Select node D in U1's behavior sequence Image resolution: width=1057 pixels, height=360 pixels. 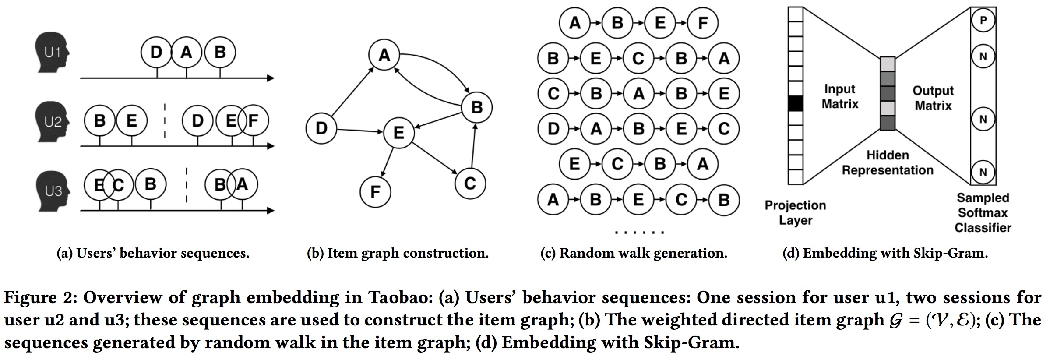[x=156, y=53]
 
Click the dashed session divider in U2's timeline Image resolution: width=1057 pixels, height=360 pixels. [x=165, y=120]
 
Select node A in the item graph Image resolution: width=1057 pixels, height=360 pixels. [x=384, y=55]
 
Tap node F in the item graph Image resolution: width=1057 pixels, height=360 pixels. [x=375, y=191]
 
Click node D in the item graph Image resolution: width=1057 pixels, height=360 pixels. [x=321, y=128]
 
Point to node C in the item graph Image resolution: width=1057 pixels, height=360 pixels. [x=470, y=183]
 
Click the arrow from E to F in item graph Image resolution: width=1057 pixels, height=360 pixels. [x=388, y=162]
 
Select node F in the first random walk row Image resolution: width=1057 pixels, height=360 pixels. [x=702, y=23]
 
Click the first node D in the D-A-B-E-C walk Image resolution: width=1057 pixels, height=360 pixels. [x=553, y=129]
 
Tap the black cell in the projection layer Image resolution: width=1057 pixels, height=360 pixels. [x=795, y=103]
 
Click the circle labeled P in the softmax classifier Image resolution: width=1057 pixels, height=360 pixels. [x=983, y=21]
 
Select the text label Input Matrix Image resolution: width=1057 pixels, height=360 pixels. [x=839, y=96]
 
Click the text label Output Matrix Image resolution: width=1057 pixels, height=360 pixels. [x=933, y=98]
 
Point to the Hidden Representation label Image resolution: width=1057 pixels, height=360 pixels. [x=887, y=162]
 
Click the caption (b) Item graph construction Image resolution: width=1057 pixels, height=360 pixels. [x=397, y=253]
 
